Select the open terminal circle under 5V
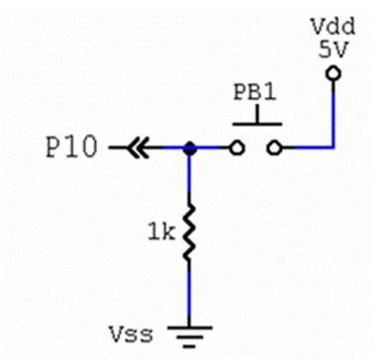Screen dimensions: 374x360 pos(332,74)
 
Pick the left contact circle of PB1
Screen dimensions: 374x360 pos(234,149)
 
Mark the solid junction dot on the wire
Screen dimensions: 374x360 pos(190,149)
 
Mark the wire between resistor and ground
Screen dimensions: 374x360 pos(190,292)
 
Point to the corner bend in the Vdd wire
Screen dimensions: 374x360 pos(332,149)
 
